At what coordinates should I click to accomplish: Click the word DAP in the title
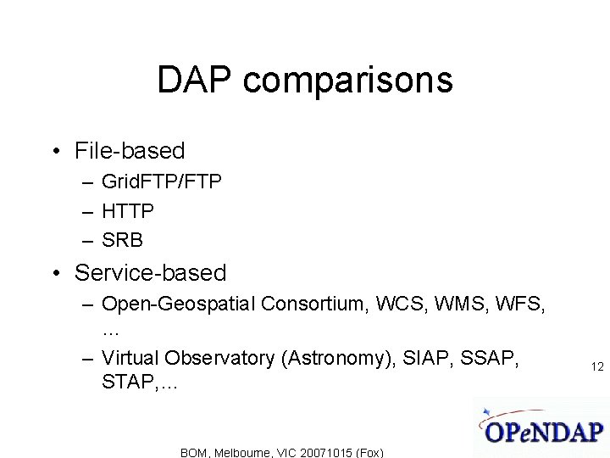pos(197,81)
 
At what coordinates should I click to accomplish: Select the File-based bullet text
pos(130,151)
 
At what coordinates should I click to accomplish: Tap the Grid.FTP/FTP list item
pos(161,182)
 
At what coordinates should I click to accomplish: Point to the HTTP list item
pos(128,210)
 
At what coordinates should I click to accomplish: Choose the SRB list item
pos(123,240)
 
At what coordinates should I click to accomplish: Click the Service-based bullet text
pos(151,273)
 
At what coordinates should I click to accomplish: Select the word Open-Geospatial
pos(179,304)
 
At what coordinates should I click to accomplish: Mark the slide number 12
pos(597,366)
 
